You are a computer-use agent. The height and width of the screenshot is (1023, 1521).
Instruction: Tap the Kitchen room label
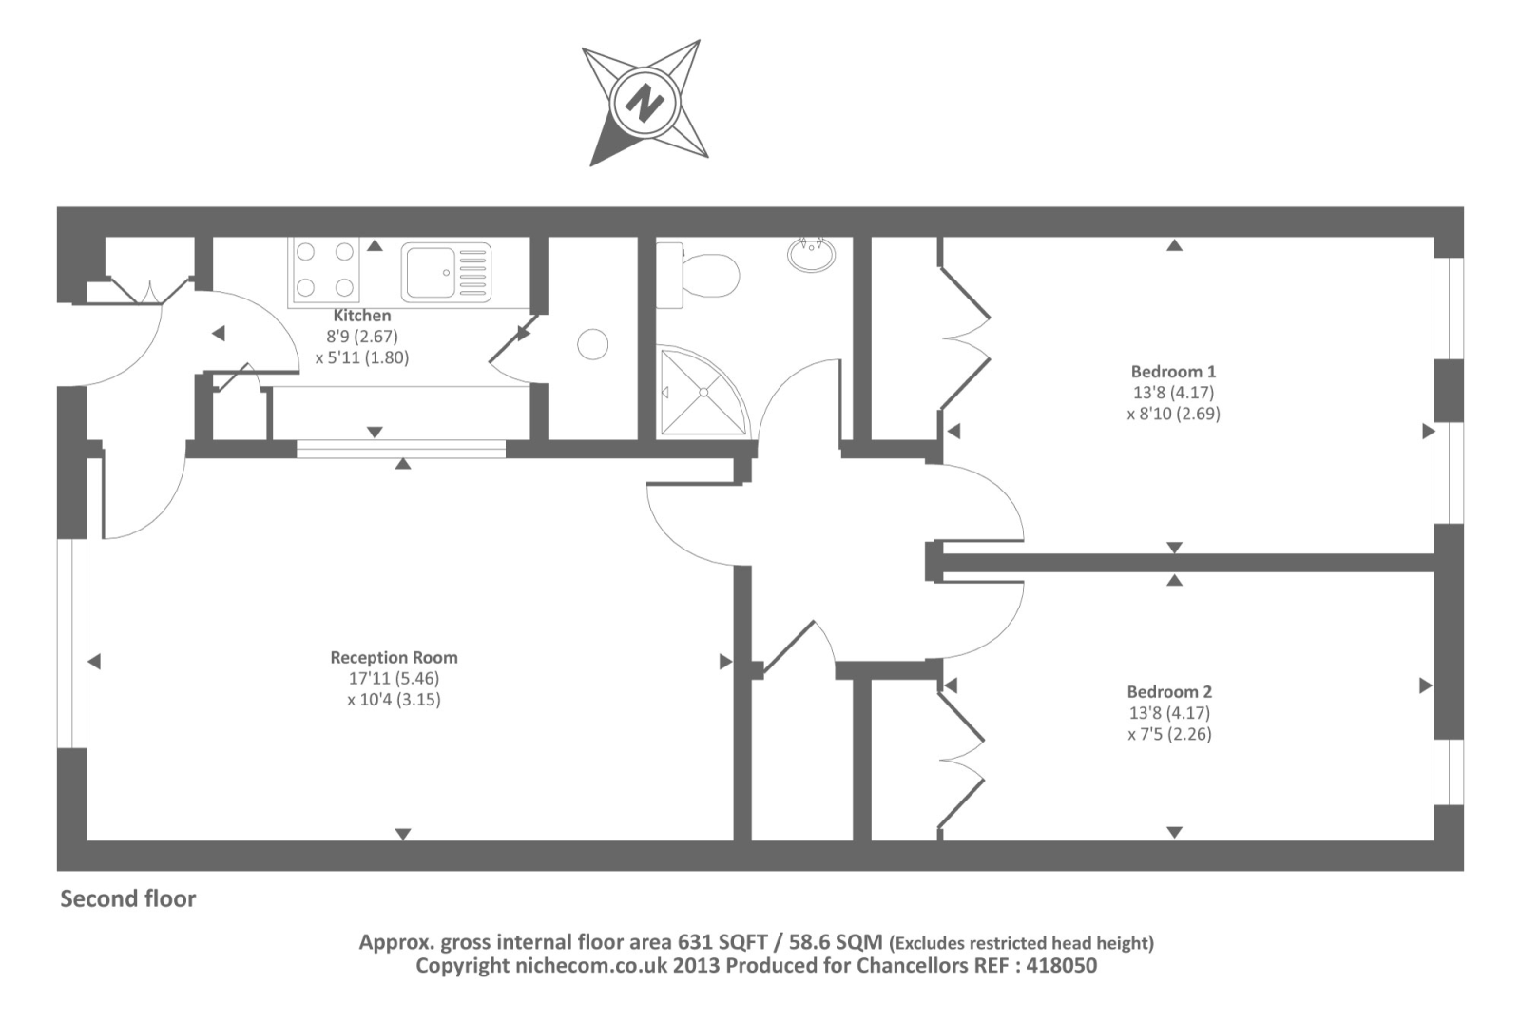361,316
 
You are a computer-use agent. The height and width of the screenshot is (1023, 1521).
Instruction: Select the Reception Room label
394,657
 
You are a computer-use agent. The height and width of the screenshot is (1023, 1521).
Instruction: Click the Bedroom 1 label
1173,372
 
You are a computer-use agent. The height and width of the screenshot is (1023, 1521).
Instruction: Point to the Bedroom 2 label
1169,692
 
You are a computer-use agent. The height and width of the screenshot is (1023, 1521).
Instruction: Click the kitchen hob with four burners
324,270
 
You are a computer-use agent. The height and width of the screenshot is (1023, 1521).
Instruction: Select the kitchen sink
446,272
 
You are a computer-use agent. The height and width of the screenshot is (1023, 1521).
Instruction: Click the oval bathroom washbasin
812,254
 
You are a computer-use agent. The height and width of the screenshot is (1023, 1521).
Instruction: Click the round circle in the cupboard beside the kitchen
592,344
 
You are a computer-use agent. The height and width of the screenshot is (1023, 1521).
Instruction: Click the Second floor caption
128,899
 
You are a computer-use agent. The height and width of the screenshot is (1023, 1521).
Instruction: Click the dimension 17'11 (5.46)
394,679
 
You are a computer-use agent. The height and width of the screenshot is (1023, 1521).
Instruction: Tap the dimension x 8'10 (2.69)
1173,414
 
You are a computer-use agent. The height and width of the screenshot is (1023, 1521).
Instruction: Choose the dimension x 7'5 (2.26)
1169,734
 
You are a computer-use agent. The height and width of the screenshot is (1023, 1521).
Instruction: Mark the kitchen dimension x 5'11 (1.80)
361,358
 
